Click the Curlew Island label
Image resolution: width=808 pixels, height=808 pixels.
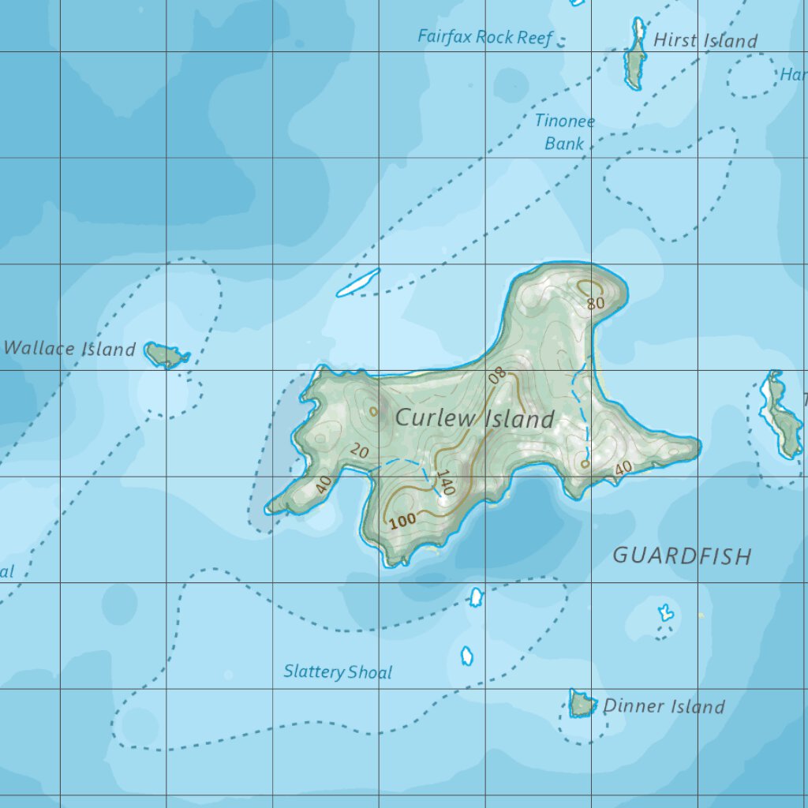coord(474,418)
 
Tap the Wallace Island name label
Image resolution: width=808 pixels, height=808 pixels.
coord(69,349)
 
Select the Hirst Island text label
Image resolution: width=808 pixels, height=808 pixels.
coord(705,41)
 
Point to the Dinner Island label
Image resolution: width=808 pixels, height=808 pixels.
coord(663,706)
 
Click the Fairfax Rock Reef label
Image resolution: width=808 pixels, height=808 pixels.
coord(485,37)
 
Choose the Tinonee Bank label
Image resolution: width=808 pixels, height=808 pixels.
coord(564,133)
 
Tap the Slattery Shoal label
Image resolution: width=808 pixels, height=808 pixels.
coord(338,672)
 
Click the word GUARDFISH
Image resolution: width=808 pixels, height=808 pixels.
coord(682,556)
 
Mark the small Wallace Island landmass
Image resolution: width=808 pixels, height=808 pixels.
coord(166,355)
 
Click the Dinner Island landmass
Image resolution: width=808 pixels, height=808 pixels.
coord(582,703)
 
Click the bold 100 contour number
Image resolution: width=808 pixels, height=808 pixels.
coord(402,520)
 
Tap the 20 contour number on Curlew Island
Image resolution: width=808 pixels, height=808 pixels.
coord(360,451)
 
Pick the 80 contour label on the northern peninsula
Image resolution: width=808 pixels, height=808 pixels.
coord(596,303)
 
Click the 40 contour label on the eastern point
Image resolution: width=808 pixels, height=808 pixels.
coord(623,468)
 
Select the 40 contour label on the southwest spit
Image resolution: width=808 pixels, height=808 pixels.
coord(322,484)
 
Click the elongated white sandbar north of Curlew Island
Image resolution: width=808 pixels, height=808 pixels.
coord(358,282)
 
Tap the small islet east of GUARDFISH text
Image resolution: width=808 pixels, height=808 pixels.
coord(666,612)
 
